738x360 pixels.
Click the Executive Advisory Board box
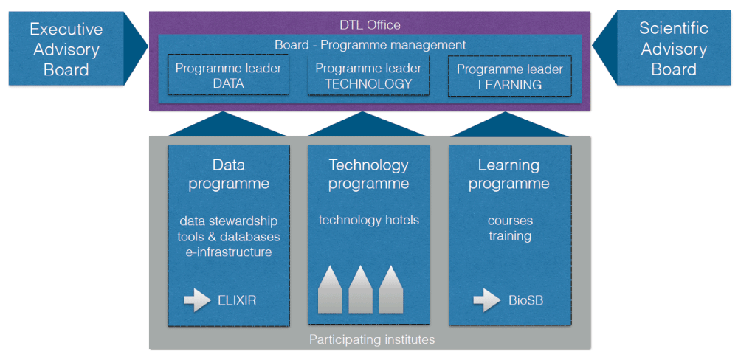[66, 49]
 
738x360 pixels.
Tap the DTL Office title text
[370, 24]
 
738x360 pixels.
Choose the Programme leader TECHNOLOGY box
[368, 75]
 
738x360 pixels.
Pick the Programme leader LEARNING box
[509, 77]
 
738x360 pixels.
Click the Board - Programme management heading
[370, 45]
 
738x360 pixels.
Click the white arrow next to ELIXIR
[198, 300]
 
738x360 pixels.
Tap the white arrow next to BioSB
[487, 300]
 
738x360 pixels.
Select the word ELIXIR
[238, 300]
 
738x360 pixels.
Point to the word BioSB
[525, 300]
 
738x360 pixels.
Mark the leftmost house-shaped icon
[329, 290]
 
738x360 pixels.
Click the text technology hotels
[368, 220]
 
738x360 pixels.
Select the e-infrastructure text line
[228, 252]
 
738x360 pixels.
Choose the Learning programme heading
[509, 174]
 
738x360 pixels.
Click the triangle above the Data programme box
[228, 125]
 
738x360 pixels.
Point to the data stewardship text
[228, 220]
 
